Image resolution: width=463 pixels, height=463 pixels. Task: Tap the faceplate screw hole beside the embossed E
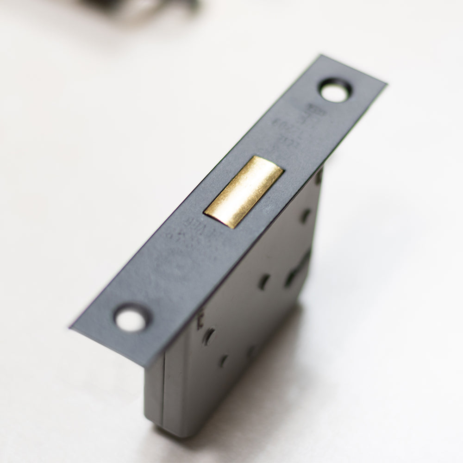pyautogui.click(x=131, y=319)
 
